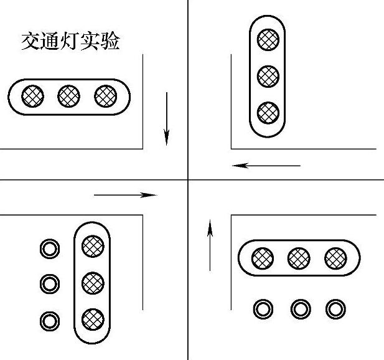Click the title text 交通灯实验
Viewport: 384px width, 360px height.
(x=70, y=42)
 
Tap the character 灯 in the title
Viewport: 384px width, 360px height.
(x=70, y=42)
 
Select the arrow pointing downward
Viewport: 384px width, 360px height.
(x=166, y=118)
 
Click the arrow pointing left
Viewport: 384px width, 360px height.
(x=266, y=166)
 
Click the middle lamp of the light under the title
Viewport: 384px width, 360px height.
(x=69, y=96)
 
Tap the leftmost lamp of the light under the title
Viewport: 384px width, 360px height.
(x=33, y=96)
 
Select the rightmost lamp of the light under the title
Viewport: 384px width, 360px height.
(x=106, y=96)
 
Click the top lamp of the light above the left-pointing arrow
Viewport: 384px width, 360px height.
(x=268, y=40)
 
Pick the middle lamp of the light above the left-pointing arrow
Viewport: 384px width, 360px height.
(x=268, y=76)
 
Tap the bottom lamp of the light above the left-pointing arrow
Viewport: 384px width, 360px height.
(x=268, y=112)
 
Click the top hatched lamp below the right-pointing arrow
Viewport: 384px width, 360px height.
(x=93, y=245)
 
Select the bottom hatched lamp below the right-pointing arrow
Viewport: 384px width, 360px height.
(x=93, y=319)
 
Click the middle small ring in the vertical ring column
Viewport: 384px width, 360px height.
(x=49, y=284)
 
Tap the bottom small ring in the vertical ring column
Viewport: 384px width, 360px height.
(x=49, y=321)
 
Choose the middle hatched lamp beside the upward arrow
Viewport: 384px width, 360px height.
(x=299, y=257)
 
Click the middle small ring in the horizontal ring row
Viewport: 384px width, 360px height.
(x=300, y=308)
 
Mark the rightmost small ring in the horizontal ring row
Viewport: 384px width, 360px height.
(x=335, y=308)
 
